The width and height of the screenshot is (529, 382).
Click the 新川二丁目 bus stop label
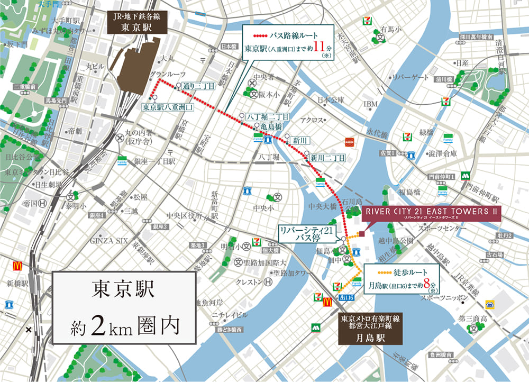(x=327, y=158)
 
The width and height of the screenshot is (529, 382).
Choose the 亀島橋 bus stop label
(x=271, y=127)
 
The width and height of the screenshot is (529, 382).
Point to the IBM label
(x=370, y=104)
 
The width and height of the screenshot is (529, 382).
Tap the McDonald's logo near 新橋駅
(x=17, y=266)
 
